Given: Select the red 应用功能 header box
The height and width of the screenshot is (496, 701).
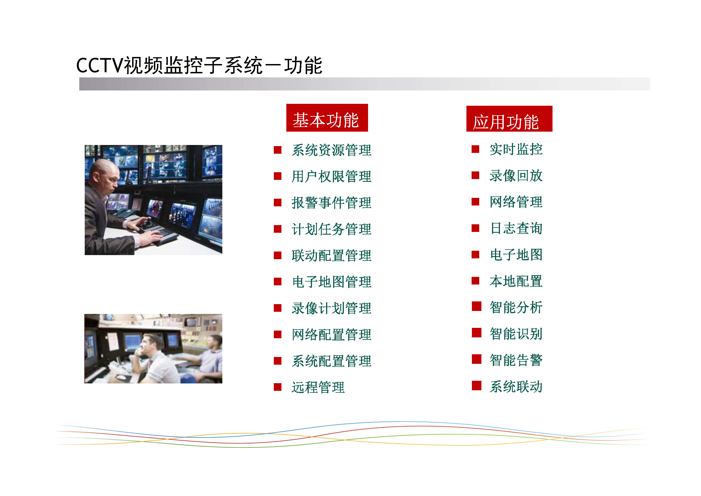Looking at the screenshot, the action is pyautogui.click(x=509, y=119).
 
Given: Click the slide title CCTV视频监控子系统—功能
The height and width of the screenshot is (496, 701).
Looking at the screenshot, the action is pyautogui.click(x=199, y=65).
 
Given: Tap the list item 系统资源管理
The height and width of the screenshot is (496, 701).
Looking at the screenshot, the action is pyautogui.click(x=331, y=150).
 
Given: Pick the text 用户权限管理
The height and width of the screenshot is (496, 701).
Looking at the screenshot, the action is pyautogui.click(x=331, y=177).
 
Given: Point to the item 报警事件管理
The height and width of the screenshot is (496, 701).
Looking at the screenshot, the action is pyautogui.click(x=331, y=203).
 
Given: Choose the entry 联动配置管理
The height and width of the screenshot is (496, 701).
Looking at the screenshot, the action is pyautogui.click(x=331, y=256).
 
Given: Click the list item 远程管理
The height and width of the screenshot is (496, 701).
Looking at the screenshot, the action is pyautogui.click(x=318, y=387).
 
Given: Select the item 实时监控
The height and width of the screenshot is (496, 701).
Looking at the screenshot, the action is pyautogui.click(x=516, y=149).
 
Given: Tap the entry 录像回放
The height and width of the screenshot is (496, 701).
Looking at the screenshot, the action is pyautogui.click(x=516, y=176).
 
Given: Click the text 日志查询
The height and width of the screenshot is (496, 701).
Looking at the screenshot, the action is pyautogui.click(x=516, y=228).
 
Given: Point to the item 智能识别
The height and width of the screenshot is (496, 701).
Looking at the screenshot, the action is pyautogui.click(x=516, y=334).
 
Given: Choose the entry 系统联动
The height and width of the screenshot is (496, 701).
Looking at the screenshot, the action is pyautogui.click(x=516, y=387).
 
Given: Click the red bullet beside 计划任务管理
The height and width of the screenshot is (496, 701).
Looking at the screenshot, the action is pyautogui.click(x=278, y=229).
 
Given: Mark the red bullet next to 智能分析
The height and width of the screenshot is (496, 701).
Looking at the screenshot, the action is pyautogui.click(x=476, y=306).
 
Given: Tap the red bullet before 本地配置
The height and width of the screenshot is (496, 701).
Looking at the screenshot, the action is pyautogui.click(x=475, y=280).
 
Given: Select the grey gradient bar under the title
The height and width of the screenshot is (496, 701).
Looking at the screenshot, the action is pyautogui.click(x=365, y=84).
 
